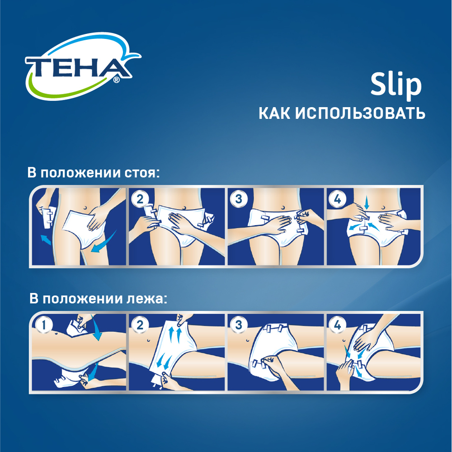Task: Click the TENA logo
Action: [82, 66]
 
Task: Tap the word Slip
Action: [396, 84]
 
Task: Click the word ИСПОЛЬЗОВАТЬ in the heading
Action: [360, 113]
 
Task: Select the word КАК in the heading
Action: [274, 113]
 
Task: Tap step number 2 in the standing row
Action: [140, 199]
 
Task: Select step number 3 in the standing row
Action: [239, 199]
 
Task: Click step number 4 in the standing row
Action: [338, 199]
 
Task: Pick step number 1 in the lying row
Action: [44, 325]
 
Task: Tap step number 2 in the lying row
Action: [140, 325]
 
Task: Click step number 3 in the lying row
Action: [239, 325]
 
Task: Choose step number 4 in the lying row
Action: [338, 325]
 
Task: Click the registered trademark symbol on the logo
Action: [116, 80]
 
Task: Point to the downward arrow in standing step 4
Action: [367, 203]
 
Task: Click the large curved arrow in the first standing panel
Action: [104, 242]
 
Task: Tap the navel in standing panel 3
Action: [283, 208]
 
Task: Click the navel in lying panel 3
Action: [248, 341]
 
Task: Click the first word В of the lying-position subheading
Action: [34, 299]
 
